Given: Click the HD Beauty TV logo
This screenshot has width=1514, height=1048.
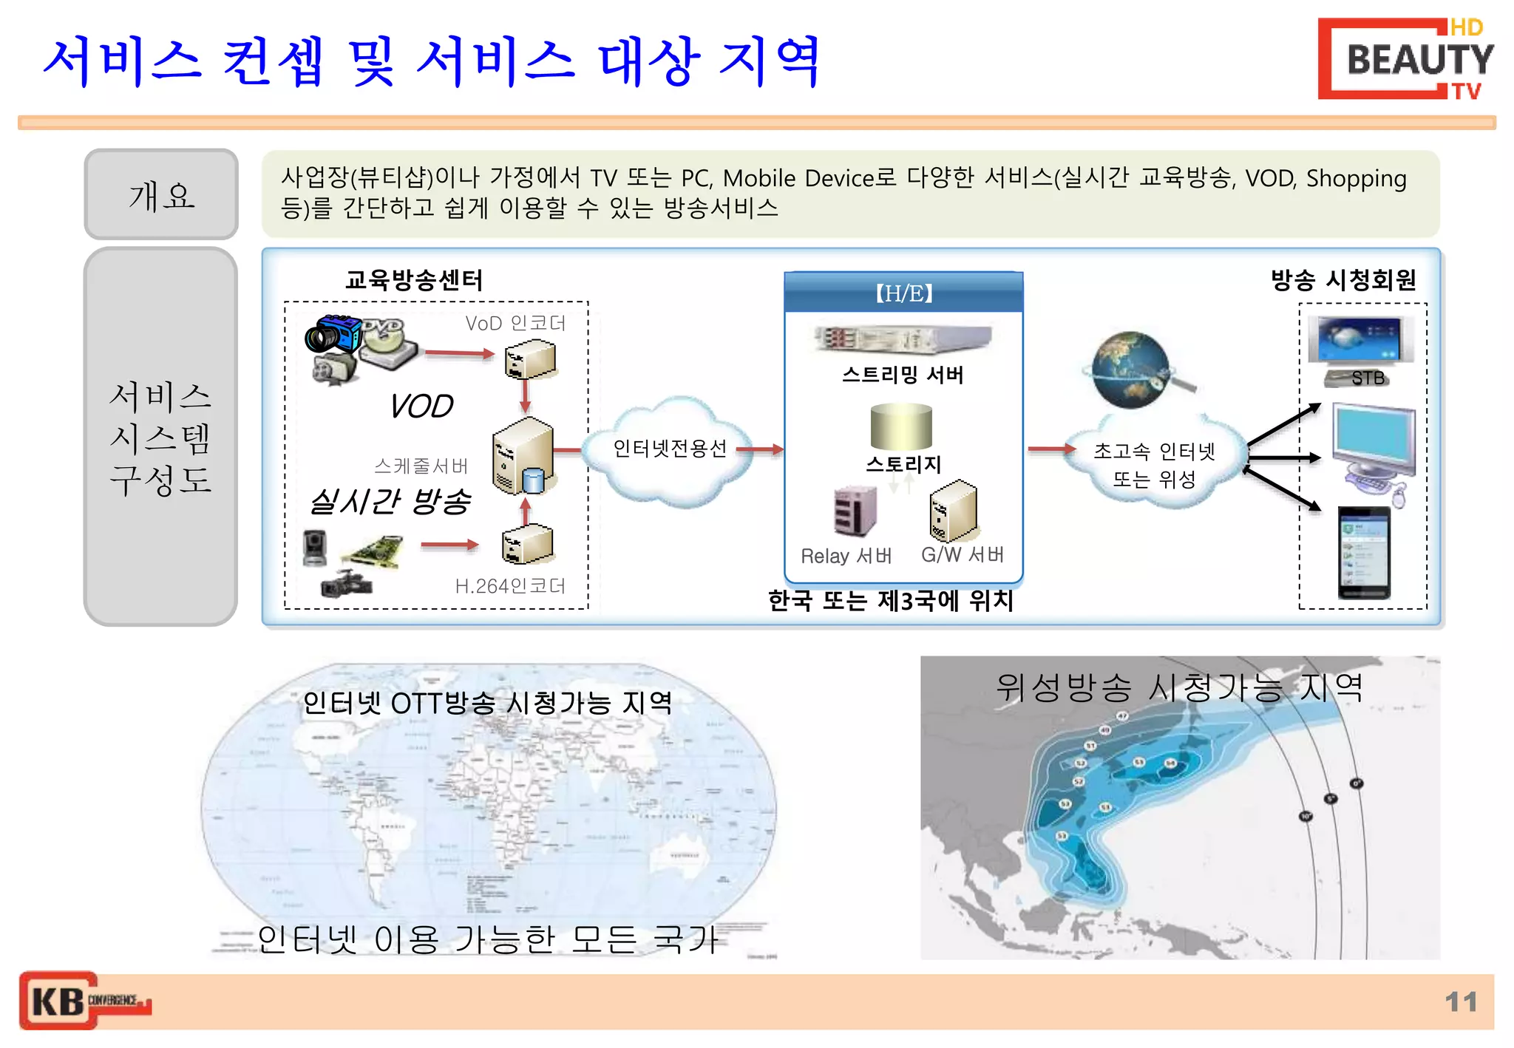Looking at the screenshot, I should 1405,59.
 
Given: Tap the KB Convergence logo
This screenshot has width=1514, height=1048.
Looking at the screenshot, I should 85,1001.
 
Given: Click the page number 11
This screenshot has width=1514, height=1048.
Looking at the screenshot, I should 1460,1001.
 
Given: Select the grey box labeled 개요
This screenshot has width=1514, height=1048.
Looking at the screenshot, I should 161,195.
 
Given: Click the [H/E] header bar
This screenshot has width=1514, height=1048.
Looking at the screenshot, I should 903,293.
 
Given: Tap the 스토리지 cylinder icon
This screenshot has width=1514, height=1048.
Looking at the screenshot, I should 901,426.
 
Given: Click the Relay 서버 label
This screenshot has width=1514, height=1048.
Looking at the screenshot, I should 846,556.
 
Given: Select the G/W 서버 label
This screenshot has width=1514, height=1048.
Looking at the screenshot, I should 962,554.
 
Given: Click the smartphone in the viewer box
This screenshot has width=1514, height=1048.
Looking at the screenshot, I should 1364,552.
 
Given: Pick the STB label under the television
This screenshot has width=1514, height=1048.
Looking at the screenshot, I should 1368,378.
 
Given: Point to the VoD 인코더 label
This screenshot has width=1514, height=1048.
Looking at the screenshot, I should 515,323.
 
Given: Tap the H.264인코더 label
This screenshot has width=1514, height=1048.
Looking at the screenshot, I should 510,586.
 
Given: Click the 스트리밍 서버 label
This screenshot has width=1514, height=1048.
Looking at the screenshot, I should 903,375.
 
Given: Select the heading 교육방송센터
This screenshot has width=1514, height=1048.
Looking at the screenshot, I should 414,280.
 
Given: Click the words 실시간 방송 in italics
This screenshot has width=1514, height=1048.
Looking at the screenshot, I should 390,501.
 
